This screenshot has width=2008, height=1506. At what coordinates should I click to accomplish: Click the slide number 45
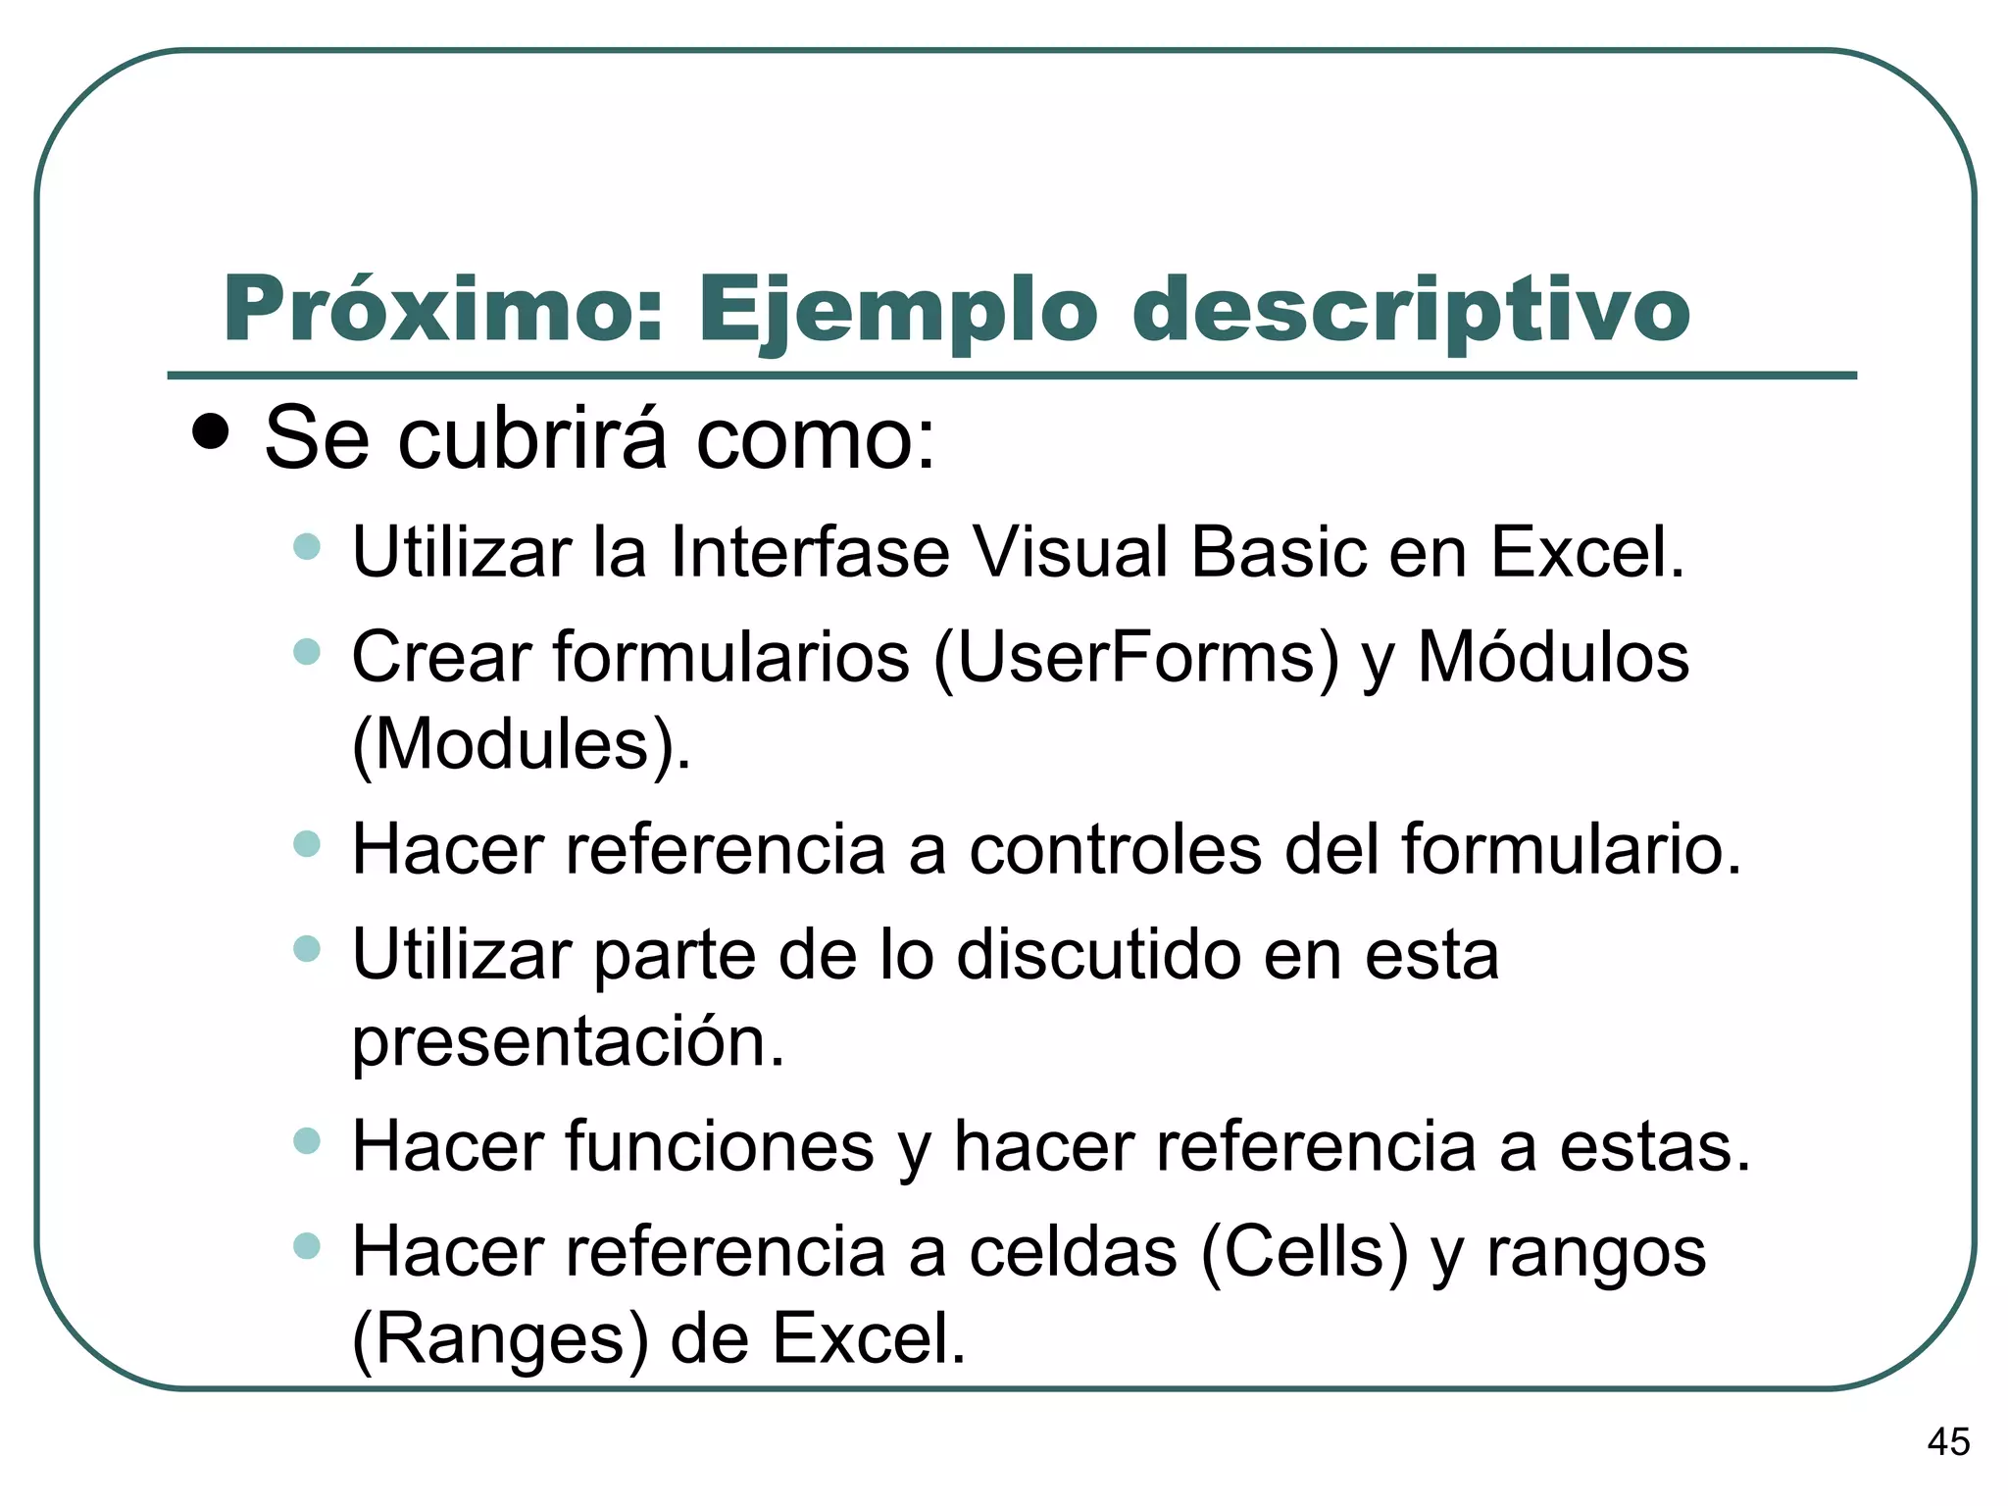[1947, 1442]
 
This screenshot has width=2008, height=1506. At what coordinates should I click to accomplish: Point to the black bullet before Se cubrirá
[211, 430]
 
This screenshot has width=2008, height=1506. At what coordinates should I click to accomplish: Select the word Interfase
[810, 552]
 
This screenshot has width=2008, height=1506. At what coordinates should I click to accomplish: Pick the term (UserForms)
[1136, 658]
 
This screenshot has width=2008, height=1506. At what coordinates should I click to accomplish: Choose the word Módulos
[1554, 656]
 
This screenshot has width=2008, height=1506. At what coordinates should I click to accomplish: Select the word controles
[1116, 849]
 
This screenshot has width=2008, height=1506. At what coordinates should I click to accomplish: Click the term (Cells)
[1304, 1252]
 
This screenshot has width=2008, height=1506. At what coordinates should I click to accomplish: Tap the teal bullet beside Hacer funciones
[307, 1141]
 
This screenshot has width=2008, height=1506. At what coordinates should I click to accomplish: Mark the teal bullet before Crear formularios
[307, 651]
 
